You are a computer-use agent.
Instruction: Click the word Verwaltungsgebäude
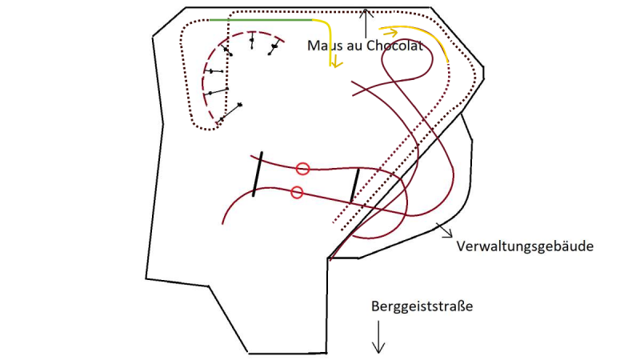pyautogui.click(x=525, y=246)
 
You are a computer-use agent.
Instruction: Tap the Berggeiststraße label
pyautogui.click(x=422, y=306)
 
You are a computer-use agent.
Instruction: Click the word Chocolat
pyautogui.click(x=394, y=46)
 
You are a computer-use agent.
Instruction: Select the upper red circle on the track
pyautogui.click(x=302, y=169)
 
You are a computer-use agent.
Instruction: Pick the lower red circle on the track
pyautogui.click(x=297, y=192)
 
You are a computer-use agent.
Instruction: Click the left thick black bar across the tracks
pyautogui.click(x=258, y=174)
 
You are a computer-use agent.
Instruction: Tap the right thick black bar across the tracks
pyautogui.click(x=354, y=186)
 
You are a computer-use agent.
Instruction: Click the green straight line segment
pyautogui.click(x=261, y=19)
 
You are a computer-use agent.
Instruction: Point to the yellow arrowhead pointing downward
pyautogui.click(x=335, y=62)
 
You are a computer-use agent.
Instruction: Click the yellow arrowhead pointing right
pyautogui.click(x=391, y=32)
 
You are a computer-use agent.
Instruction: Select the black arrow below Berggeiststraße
pyautogui.click(x=378, y=337)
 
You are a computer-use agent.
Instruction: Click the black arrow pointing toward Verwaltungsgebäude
pyautogui.click(x=445, y=230)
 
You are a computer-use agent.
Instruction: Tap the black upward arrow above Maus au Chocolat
pyautogui.click(x=366, y=24)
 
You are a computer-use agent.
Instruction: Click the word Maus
pyautogui.click(x=322, y=46)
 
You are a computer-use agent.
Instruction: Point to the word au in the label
pyautogui.click(x=351, y=46)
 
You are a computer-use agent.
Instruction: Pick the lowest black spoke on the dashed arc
pyautogui.click(x=230, y=112)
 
